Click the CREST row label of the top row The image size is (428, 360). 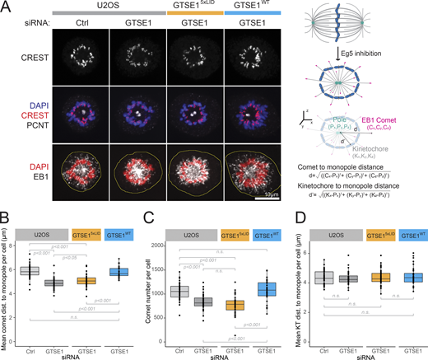pos(35,58)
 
